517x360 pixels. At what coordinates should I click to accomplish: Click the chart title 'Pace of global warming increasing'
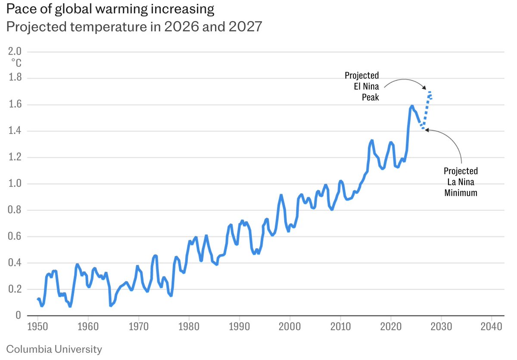coord(110,9)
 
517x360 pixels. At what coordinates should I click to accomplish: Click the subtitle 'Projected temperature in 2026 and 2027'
coord(133,27)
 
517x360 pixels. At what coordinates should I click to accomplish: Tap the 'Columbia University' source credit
coord(54,349)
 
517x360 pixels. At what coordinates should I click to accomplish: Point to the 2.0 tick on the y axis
coord(15,52)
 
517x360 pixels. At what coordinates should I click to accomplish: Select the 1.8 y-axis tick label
coord(15,78)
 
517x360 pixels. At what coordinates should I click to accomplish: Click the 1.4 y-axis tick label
coord(15,131)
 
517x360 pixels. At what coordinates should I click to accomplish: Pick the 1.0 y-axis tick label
coord(15,184)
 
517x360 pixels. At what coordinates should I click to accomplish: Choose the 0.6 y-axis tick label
coord(15,237)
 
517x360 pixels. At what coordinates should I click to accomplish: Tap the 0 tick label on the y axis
coord(18,316)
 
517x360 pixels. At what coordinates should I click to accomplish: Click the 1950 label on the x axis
coord(38,326)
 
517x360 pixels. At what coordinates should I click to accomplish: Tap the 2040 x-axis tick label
coord(492,326)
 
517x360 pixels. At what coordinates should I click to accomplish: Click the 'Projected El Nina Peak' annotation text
coord(362,87)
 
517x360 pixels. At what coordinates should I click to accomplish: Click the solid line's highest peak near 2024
coord(412,105)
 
